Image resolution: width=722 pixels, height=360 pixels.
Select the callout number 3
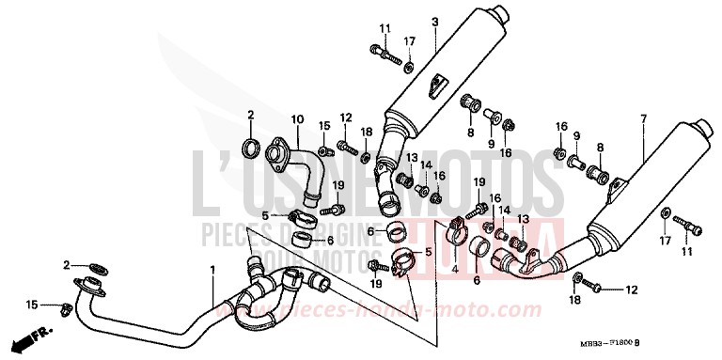click(x=435, y=22)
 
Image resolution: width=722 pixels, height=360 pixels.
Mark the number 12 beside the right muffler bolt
click(x=632, y=289)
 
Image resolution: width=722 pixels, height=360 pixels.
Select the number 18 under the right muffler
click(x=574, y=300)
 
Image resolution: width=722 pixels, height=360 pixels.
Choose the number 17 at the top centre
click(x=409, y=41)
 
